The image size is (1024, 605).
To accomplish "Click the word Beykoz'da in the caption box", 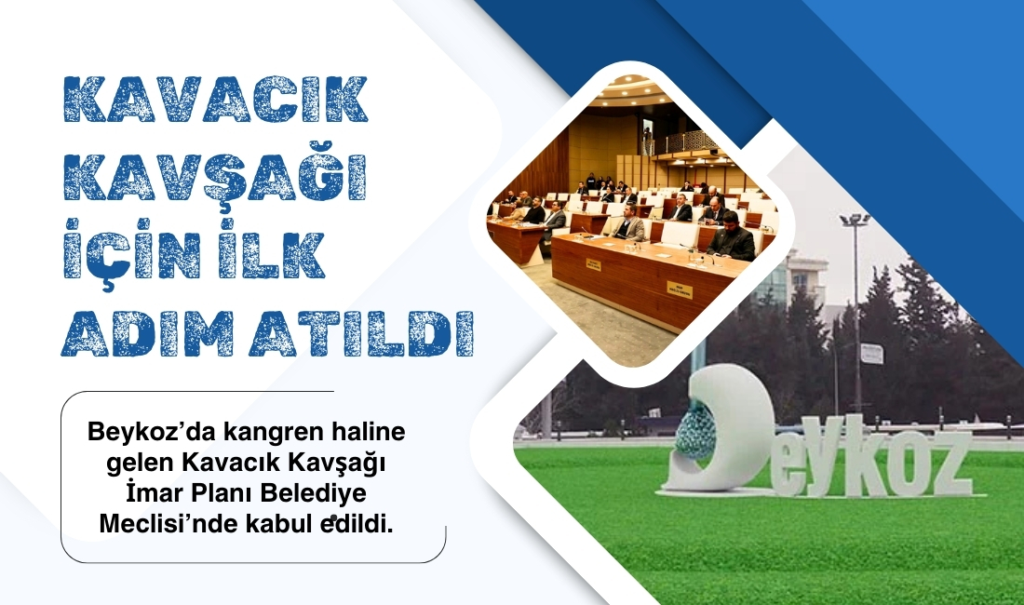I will tap(138, 434).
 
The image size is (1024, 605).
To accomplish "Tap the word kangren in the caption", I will tap(257, 434).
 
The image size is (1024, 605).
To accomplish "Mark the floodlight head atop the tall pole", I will tap(855, 220).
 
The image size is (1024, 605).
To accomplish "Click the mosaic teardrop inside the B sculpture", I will tap(697, 431).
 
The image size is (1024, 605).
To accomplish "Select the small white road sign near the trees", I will tap(871, 353).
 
